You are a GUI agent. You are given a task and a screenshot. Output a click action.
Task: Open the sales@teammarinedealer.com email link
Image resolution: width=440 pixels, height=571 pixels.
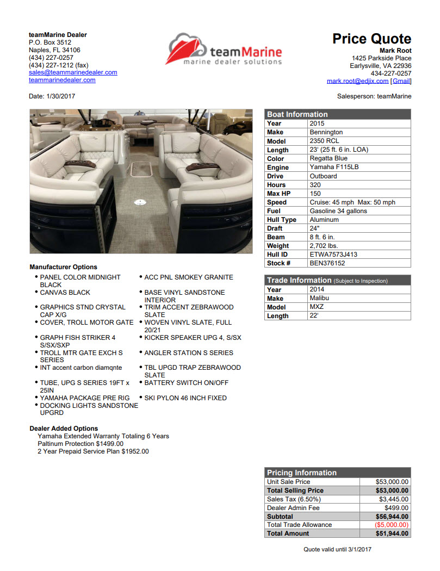(x=73, y=72)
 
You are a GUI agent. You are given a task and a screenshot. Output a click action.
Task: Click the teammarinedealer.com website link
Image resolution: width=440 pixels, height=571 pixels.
(x=62, y=80)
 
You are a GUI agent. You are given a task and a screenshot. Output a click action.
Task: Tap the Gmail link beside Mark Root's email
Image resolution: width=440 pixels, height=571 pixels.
(x=401, y=81)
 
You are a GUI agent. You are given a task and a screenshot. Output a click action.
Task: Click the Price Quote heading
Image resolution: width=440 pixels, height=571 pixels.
(x=371, y=39)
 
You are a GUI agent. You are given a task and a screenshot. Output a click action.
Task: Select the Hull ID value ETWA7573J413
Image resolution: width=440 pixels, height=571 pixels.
(x=333, y=255)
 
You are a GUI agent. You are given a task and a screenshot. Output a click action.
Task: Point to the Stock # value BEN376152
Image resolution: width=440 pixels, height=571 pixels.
(x=327, y=263)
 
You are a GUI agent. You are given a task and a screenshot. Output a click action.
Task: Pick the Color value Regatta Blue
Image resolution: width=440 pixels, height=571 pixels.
(x=329, y=158)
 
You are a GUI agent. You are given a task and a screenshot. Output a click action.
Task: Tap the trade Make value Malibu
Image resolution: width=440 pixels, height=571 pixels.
(x=319, y=298)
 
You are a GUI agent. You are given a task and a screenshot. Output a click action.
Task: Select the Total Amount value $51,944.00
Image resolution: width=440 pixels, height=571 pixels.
(x=392, y=533)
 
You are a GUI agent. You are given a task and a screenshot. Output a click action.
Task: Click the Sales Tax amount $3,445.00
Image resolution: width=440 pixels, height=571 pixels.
(x=394, y=499)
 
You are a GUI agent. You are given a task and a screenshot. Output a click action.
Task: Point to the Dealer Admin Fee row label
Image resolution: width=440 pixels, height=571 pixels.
(x=293, y=508)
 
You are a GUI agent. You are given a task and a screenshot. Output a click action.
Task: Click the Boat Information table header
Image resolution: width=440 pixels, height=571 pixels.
(x=297, y=114)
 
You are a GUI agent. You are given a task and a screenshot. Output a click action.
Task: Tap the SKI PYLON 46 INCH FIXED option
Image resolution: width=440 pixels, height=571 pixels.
(x=185, y=398)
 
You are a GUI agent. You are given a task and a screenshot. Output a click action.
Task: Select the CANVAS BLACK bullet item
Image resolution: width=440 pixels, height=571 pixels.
(x=65, y=293)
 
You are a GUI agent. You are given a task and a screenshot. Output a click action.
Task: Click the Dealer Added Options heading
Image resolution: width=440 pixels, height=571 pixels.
(x=64, y=429)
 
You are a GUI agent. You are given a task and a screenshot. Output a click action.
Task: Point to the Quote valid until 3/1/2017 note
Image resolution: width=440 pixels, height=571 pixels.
(x=337, y=549)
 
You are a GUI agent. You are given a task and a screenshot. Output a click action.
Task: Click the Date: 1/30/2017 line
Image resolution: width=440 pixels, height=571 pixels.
(x=52, y=96)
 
